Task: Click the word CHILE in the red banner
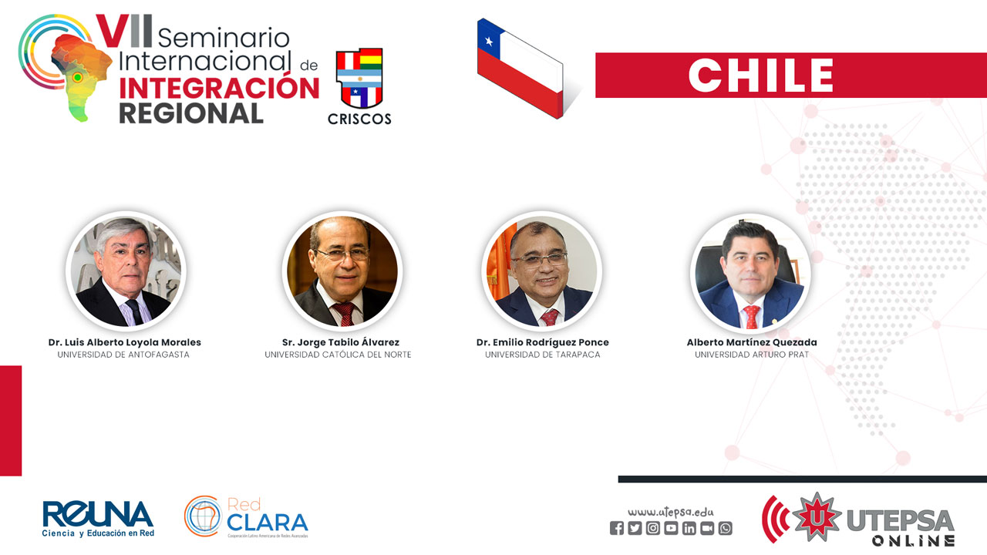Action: pyautogui.click(x=760, y=76)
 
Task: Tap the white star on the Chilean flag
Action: pyautogui.click(x=489, y=42)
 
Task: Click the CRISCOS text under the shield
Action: pyautogui.click(x=359, y=119)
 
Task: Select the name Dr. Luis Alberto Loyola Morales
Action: pyautogui.click(x=125, y=342)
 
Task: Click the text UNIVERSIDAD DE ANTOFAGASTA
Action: pyautogui.click(x=123, y=355)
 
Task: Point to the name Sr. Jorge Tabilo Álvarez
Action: pyautogui.click(x=341, y=342)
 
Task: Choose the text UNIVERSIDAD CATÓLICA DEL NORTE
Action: pyautogui.click(x=338, y=355)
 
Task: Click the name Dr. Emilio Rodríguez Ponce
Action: pyautogui.click(x=542, y=342)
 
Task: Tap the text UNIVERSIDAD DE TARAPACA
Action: pyautogui.click(x=542, y=355)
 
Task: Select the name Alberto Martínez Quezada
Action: pyautogui.click(x=752, y=342)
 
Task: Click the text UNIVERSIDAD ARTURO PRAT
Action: pyautogui.click(x=752, y=355)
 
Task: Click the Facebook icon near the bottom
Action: pyautogui.click(x=617, y=528)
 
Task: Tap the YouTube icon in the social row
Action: pyautogui.click(x=671, y=528)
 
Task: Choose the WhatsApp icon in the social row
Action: pyautogui.click(x=726, y=528)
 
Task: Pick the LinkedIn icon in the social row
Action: pyautogui.click(x=689, y=528)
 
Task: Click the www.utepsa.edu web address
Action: pyautogui.click(x=671, y=513)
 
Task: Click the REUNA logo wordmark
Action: pyautogui.click(x=98, y=513)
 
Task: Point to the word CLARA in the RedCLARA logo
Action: pyautogui.click(x=268, y=523)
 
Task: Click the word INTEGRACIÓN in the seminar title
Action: pyautogui.click(x=219, y=87)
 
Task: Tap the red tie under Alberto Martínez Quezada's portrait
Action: pyautogui.click(x=751, y=316)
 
